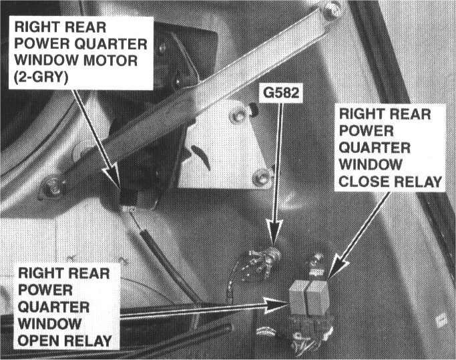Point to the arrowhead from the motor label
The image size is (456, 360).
point(120,186)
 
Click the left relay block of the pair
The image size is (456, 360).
point(298,298)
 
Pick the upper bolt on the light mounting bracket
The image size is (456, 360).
point(237,117)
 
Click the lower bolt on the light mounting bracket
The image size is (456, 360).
point(262,178)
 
